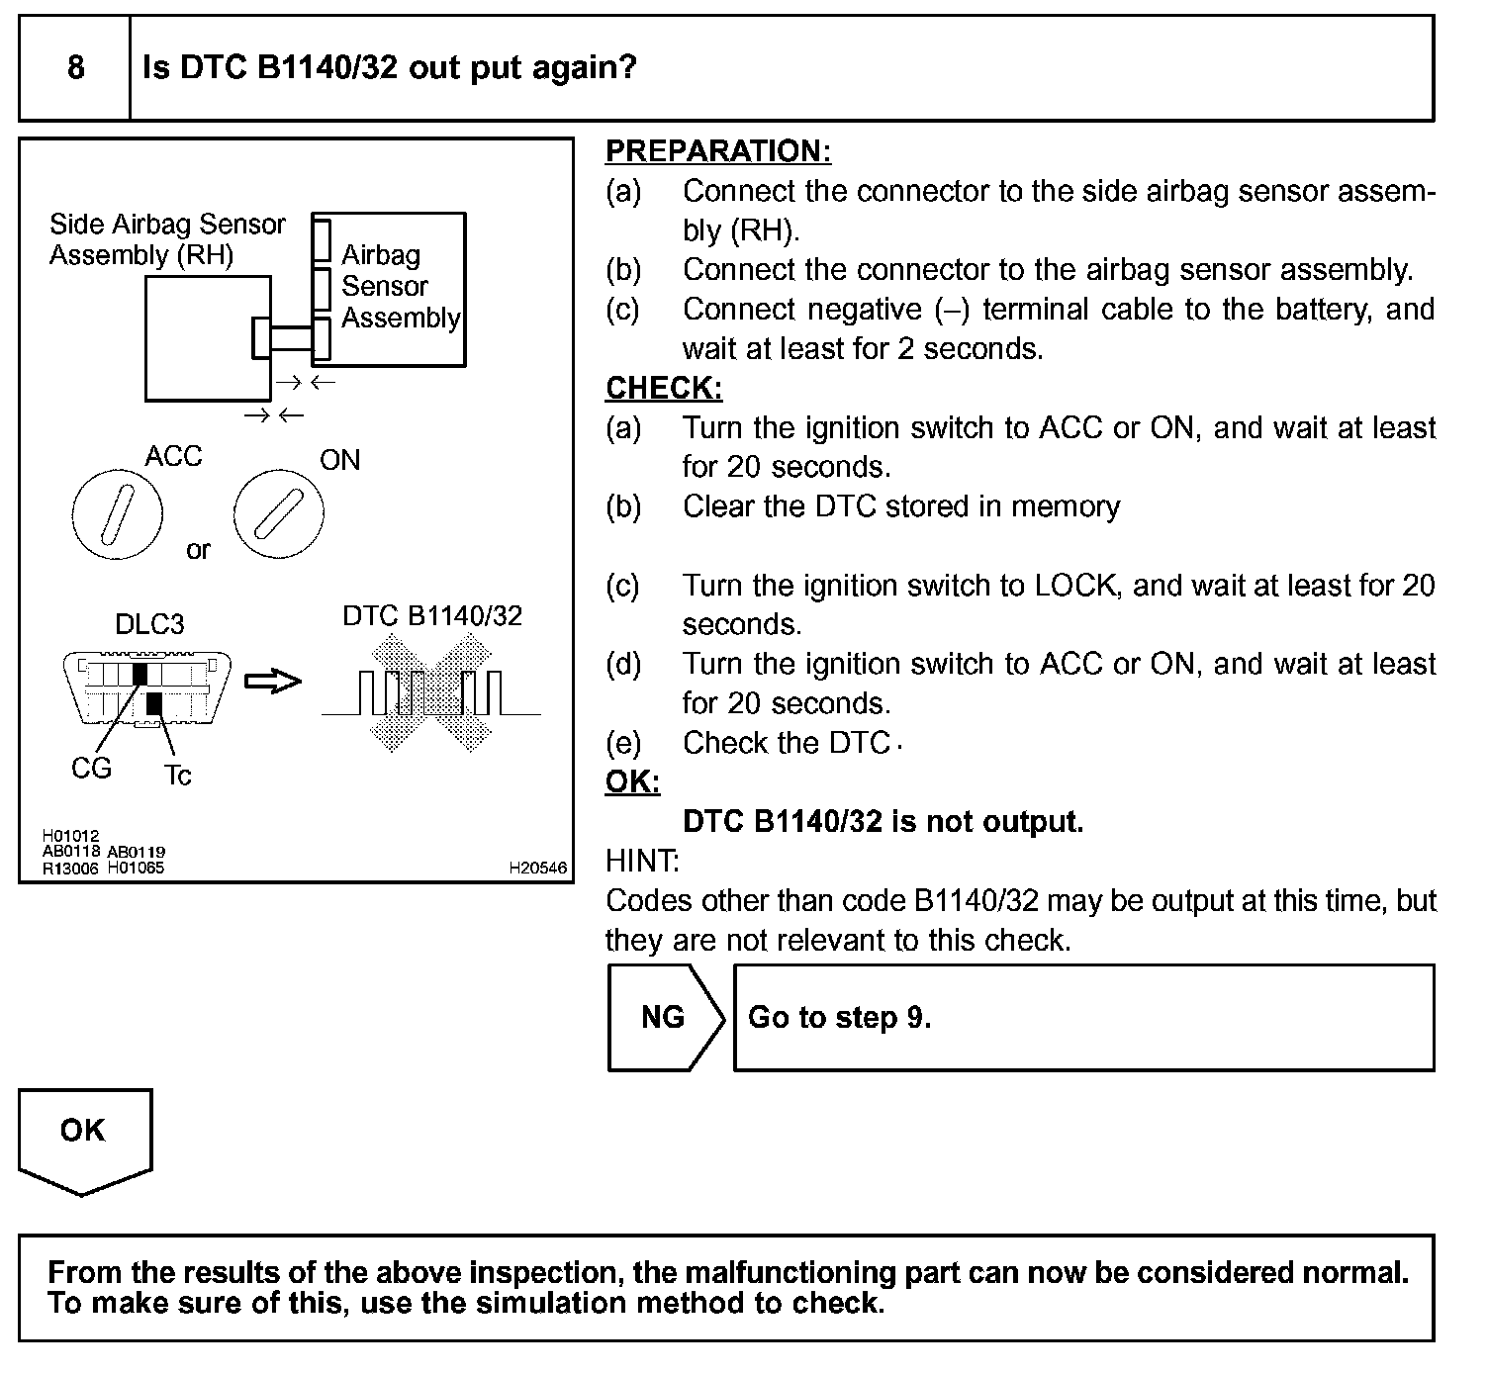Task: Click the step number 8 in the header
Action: pos(75,68)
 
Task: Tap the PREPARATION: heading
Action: pos(717,151)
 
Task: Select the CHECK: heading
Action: pos(664,388)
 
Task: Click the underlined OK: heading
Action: pos(632,782)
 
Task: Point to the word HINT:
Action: pos(642,862)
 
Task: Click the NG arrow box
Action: pos(665,1017)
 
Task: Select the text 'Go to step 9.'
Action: pos(839,1017)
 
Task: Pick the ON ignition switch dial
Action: pos(278,515)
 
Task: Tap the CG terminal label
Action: pos(91,769)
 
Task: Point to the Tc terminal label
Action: pos(178,776)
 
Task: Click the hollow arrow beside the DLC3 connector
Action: pos(272,682)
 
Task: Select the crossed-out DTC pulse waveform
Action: pos(431,693)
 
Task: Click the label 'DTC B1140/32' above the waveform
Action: pos(431,615)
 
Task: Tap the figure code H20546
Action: pos(538,868)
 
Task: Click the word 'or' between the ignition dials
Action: pos(198,550)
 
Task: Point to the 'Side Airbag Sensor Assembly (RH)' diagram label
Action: pos(166,239)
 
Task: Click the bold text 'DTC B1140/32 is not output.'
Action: pos(883,822)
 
